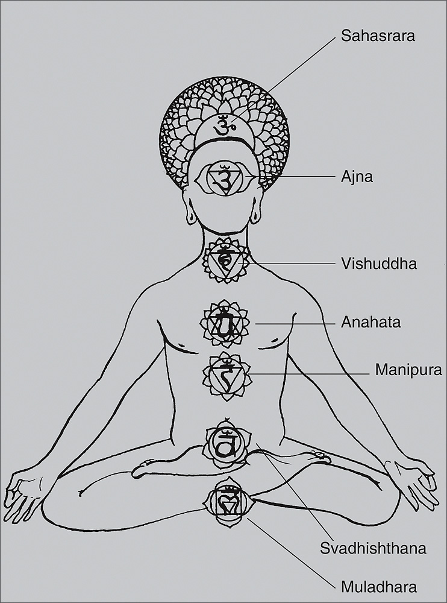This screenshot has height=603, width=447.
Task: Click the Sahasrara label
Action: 378,35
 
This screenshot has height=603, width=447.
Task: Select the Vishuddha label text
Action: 378,264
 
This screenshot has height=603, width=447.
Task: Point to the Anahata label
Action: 370,323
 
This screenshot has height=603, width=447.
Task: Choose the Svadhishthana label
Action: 374,549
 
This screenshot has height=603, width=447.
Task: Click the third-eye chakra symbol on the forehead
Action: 224,179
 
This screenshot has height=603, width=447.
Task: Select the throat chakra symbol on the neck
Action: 225,260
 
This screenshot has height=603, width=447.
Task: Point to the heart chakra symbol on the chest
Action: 224,323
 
